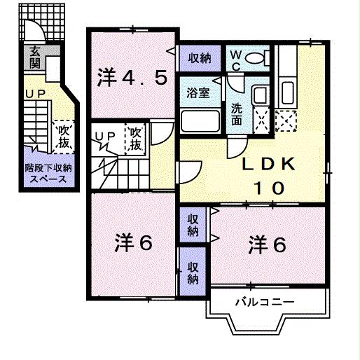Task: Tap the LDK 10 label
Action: tap(267, 176)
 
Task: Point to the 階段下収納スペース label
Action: tap(46, 173)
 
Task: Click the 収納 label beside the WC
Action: tap(198, 58)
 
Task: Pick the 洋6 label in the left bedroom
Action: tap(134, 243)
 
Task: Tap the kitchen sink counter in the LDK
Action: tap(286, 88)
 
